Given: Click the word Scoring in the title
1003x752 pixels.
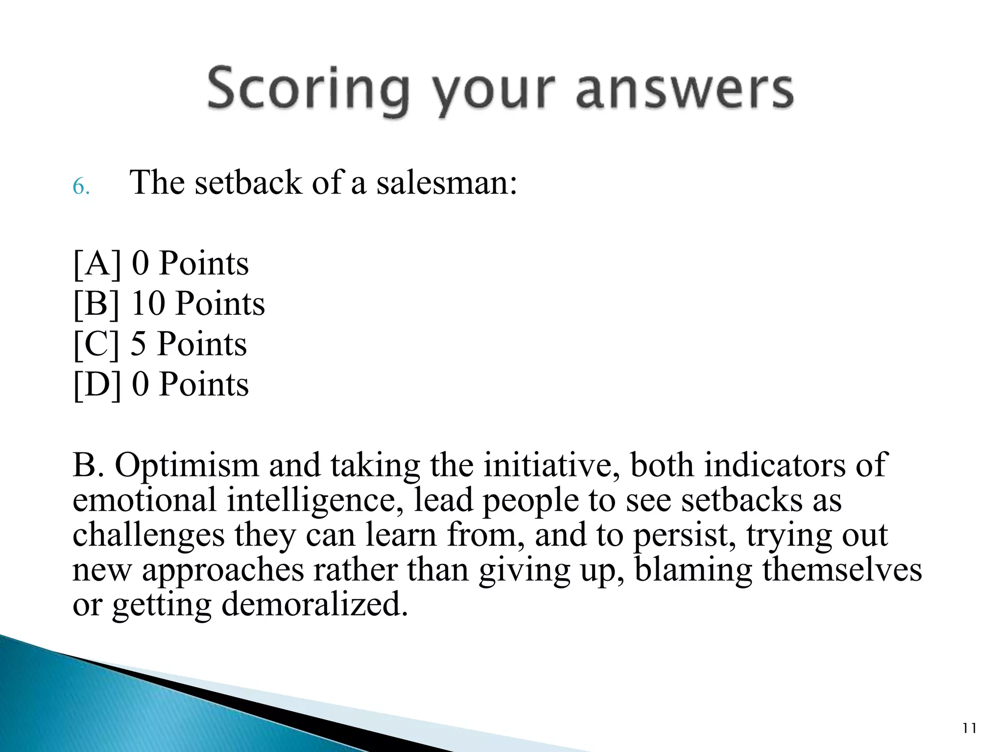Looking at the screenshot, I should pos(307,91).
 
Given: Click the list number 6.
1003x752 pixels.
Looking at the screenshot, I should pos(81,187).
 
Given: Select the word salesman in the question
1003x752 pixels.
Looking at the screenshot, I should pos(446,183).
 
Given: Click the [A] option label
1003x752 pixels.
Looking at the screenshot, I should pos(96,264).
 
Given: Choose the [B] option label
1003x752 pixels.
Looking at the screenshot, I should pos(96,304).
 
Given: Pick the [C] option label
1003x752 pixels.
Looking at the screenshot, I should pos(96,344).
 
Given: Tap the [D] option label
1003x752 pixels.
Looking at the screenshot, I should pos(96,384).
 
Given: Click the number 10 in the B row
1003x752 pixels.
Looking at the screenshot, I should pos(147,304).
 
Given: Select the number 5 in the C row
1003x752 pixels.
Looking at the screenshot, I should pos(139,344).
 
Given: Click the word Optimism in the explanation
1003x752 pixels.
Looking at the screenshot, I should pos(187,466).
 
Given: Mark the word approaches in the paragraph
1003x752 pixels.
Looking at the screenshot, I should pos(223,571).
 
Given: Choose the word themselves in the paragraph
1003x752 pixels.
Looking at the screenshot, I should pos(841,570).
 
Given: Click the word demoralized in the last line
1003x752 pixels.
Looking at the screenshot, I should pos(314,605).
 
